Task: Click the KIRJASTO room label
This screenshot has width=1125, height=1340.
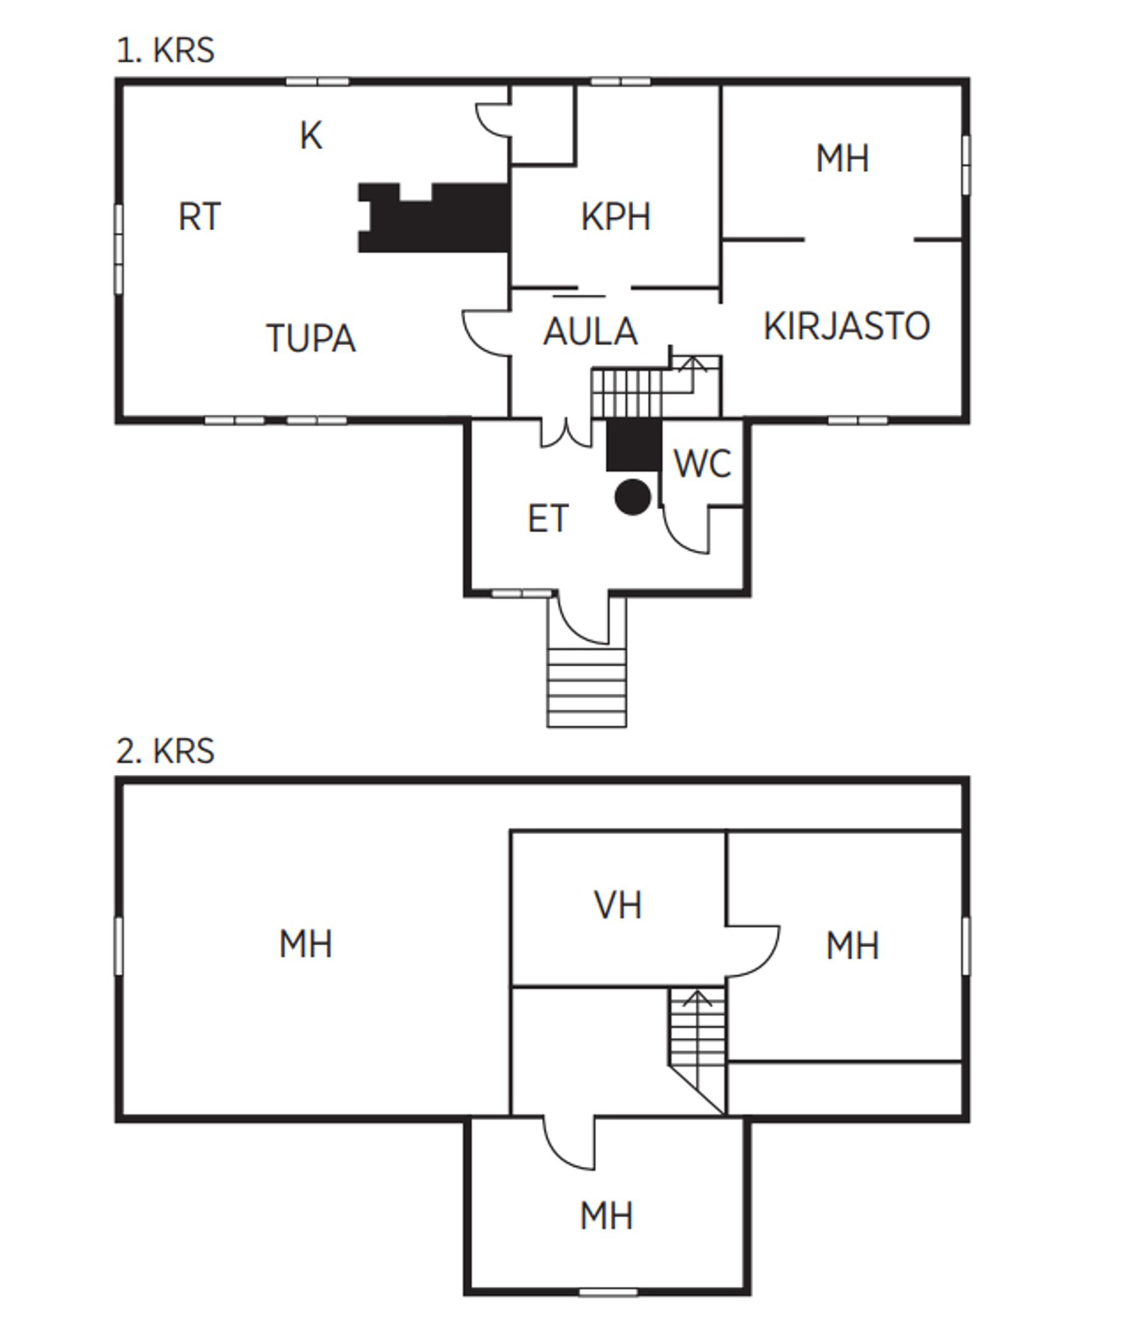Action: [847, 326]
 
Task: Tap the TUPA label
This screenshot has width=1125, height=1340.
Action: [311, 338]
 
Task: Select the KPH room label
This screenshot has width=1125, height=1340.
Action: [615, 217]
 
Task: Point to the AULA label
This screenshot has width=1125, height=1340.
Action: [590, 332]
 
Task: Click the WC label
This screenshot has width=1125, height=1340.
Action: [702, 464]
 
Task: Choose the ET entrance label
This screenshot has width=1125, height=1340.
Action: [548, 519]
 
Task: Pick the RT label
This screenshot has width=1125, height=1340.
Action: [199, 217]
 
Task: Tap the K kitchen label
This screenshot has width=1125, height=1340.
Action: [311, 136]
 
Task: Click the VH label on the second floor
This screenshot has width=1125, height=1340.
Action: [617, 905]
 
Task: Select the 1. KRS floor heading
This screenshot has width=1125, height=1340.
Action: [165, 50]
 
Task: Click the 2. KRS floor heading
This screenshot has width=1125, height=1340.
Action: [165, 751]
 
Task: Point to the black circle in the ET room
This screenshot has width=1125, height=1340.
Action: [633, 497]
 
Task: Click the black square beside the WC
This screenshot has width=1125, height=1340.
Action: [633, 446]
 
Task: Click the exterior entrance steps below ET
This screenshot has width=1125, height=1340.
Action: [586, 687]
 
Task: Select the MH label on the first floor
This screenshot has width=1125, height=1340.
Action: [842, 159]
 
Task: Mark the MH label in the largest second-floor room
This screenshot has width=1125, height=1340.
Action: [306, 944]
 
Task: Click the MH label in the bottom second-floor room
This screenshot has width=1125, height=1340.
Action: [607, 1216]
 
